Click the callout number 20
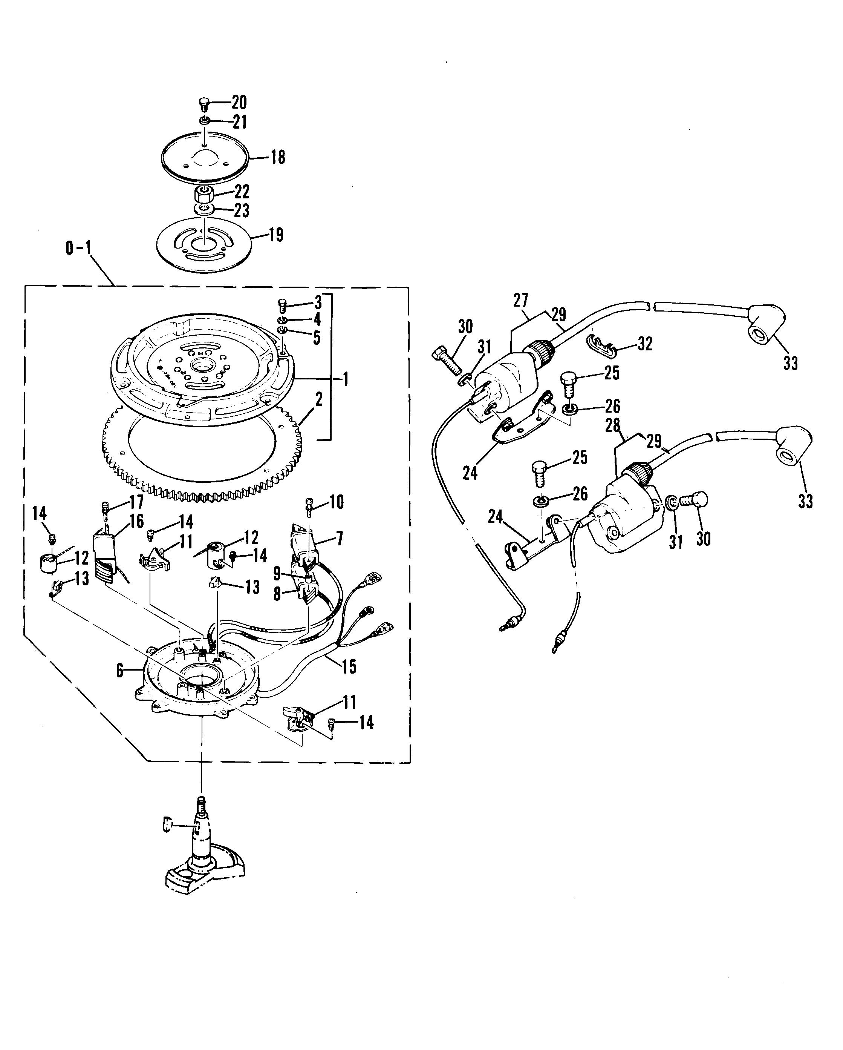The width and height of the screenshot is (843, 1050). (239, 102)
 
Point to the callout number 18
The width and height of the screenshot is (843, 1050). (277, 157)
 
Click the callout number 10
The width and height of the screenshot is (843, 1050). (336, 502)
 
